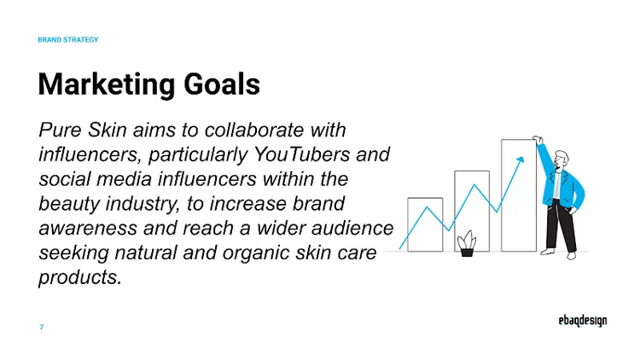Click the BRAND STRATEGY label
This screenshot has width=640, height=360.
coord(68,39)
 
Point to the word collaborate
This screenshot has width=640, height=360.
coord(259,131)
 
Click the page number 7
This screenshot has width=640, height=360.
coord(41,328)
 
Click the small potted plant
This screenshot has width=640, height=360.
coord(466,244)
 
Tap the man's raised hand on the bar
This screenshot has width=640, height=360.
coord(538,139)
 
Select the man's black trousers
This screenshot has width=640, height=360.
coord(562,229)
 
